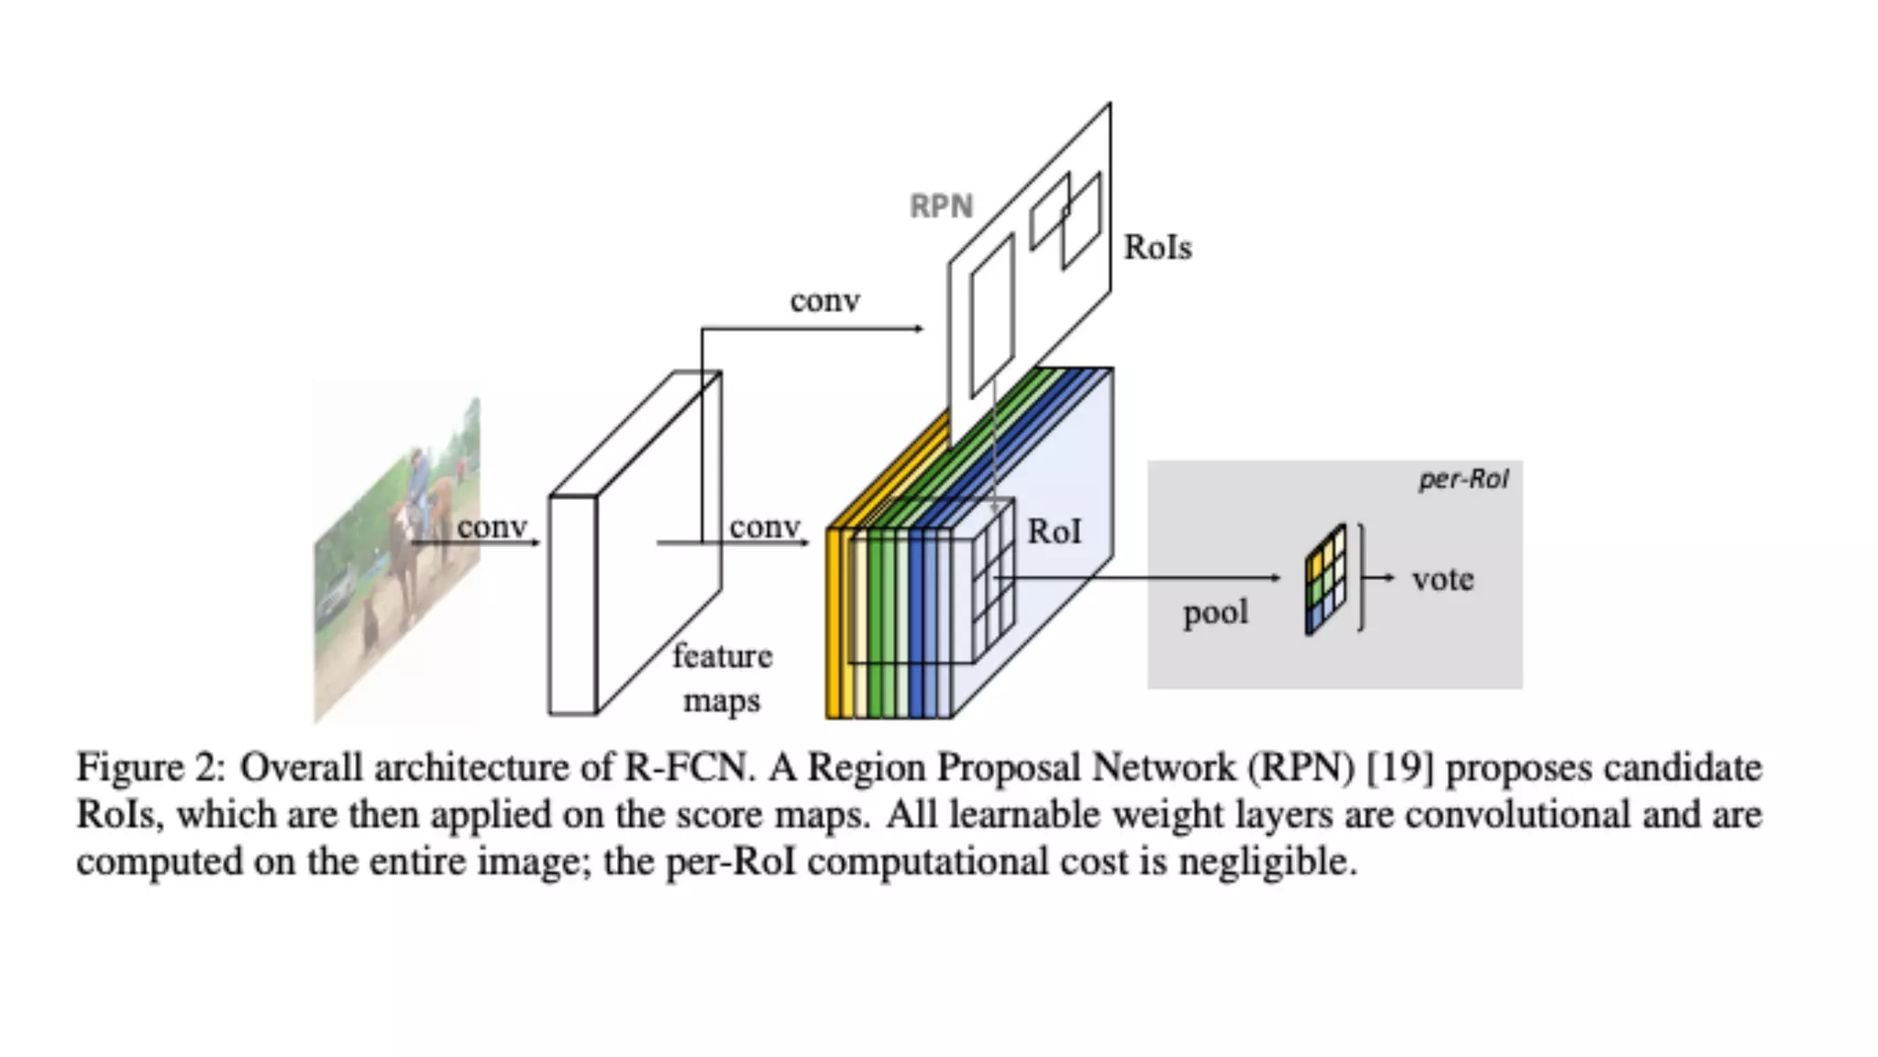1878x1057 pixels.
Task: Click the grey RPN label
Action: [941, 206]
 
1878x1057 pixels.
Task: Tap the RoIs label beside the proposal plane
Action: [1157, 248]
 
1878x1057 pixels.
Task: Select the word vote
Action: [1442, 579]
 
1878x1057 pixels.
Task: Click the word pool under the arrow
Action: [1215, 612]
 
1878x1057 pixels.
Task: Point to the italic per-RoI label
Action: [1463, 479]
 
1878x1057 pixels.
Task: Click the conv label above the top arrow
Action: [824, 301]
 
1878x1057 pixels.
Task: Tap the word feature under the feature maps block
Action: [722, 656]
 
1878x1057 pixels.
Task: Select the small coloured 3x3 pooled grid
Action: [1326, 579]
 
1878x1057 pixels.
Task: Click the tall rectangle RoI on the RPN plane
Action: [991, 314]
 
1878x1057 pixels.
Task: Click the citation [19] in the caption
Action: [1399, 767]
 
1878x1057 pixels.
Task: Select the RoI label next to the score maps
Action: [1054, 532]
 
